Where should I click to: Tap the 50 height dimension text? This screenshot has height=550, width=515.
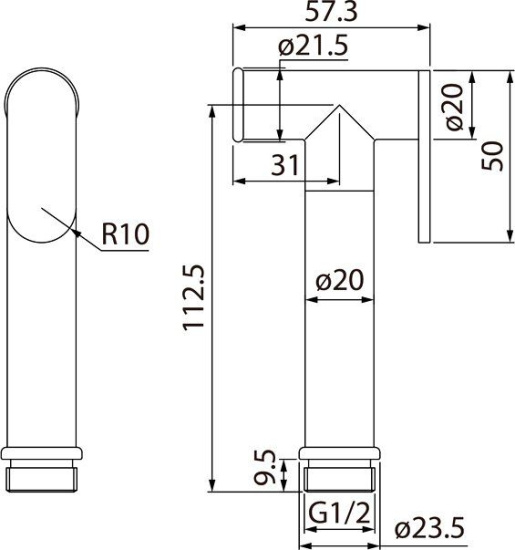491,154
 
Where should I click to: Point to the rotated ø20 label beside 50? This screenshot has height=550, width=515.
452,108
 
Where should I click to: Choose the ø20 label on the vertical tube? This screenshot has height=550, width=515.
340,282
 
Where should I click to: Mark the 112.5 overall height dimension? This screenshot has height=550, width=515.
196,299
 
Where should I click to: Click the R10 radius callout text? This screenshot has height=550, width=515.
125,237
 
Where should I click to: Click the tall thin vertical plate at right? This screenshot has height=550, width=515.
424,155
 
